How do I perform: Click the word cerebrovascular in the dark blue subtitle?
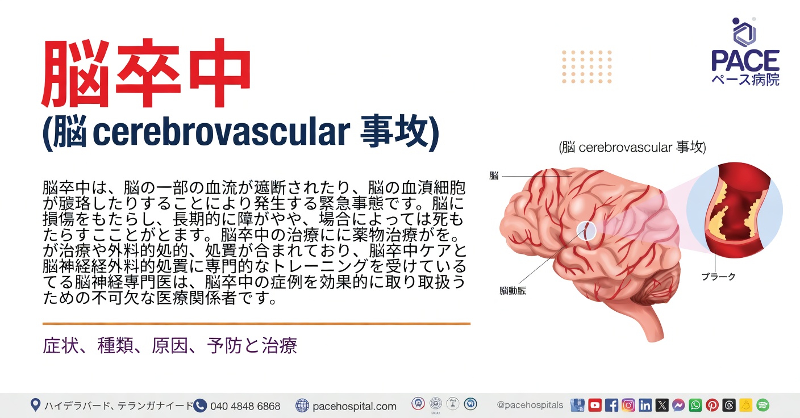point(220,132)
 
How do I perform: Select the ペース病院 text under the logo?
point(745,80)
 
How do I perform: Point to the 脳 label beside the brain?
point(494,176)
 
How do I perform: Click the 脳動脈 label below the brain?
point(512,291)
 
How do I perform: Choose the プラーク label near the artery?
point(718,277)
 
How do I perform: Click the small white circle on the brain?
point(586,230)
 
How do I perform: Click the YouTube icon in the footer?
point(595,406)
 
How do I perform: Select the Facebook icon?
point(611,406)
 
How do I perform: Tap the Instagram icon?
point(628,406)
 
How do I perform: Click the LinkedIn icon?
point(645,406)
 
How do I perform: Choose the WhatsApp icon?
point(695,406)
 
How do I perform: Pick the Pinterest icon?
point(712,406)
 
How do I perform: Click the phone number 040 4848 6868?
point(245,406)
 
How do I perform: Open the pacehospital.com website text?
point(355,406)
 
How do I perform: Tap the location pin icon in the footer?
point(35,406)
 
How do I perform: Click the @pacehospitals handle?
point(530,406)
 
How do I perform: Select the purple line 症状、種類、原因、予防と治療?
point(170,346)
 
